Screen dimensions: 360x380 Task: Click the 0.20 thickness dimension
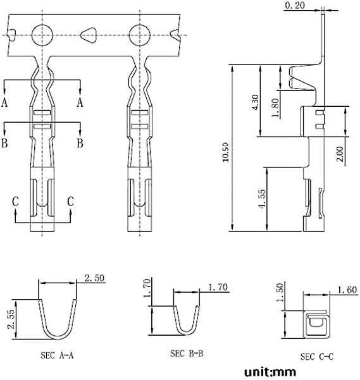[x=295, y=5]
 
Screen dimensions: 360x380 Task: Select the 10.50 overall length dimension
[x=225, y=152]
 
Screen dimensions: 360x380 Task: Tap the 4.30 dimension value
[x=256, y=102]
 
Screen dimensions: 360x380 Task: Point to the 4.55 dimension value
[x=263, y=199]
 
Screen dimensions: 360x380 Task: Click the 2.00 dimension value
[x=340, y=154]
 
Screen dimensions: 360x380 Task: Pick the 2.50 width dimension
[x=94, y=278]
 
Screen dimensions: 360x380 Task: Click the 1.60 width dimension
[x=347, y=290]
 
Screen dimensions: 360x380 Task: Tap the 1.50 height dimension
[x=280, y=293]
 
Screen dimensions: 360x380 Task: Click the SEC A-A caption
[x=57, y=355]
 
